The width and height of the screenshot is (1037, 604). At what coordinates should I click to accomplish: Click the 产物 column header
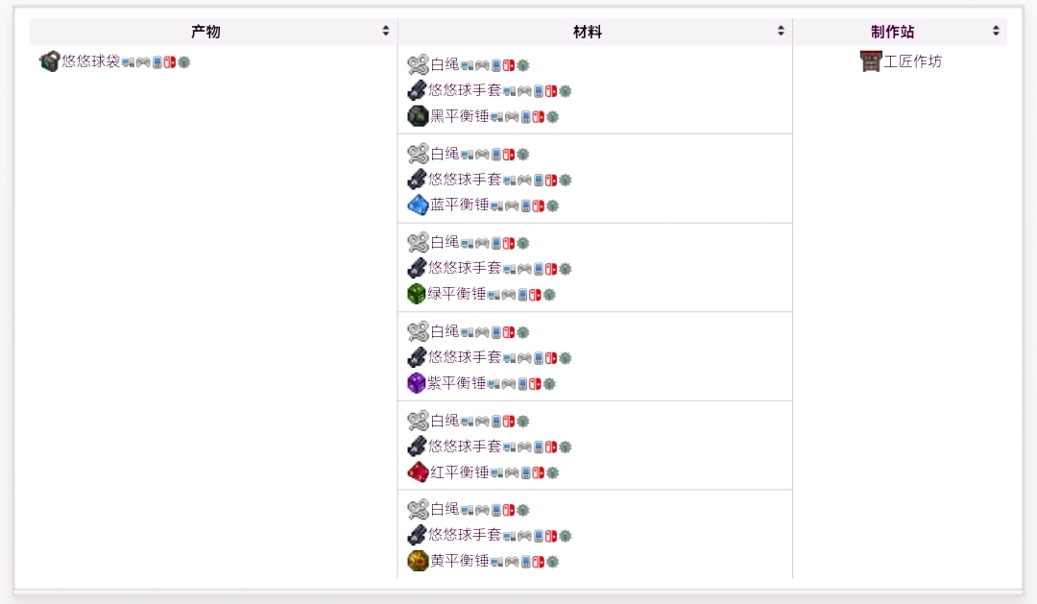[x=205, y=32]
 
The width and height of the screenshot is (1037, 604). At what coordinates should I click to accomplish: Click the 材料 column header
[x=588, y=32]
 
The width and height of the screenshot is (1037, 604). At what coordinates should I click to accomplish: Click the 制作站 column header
[x=892, y=32]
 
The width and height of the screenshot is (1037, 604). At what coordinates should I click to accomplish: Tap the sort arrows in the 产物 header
[x=386, y=32]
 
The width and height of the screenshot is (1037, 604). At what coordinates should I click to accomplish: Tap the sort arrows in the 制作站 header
[x=996, y=32]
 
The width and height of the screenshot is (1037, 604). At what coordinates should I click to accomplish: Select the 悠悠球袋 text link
[x=91, y=61]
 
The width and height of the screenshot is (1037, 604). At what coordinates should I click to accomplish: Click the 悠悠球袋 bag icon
[x=49, y=61]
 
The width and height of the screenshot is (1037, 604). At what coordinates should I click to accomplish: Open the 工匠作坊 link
[x=913, y=61]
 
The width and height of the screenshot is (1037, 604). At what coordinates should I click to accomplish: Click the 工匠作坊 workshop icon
[x=870, y=61]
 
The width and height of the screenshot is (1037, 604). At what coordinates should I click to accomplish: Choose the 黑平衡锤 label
[x=459, y=116]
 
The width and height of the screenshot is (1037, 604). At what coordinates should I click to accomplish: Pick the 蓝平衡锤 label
[x=459, y=205]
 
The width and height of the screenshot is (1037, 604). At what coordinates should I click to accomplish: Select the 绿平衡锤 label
[x=457, y=294]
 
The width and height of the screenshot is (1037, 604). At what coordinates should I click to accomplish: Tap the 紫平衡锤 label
[x=457, y=383]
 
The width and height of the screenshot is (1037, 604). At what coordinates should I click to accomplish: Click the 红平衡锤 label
[x=459, y=471]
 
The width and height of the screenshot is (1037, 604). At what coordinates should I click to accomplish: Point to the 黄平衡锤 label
[x=459, y=561]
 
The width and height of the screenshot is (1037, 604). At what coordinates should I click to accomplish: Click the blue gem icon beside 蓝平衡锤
[x=417, y=205]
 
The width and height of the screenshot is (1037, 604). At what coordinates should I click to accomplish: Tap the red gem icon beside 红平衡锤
[x=417, y=471]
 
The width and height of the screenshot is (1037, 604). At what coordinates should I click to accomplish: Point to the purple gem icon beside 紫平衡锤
[x=416, y=383]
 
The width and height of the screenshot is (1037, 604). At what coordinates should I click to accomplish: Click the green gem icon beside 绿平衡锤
[x=416, y=294]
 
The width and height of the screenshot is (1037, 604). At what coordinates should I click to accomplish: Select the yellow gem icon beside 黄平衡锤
[x=417, y=561]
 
